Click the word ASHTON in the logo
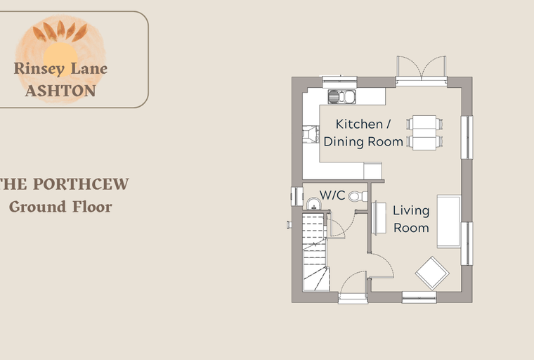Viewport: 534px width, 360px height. (60, 91)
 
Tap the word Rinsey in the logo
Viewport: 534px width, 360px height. (39, 68)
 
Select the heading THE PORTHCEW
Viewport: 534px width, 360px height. (64, 184)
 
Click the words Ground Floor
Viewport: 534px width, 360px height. (60, 207)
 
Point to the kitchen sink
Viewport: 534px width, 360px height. (341, 97)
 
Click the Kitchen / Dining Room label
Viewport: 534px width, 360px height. (363, 133)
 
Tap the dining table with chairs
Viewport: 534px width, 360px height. (424, 133)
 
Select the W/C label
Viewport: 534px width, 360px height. (332, 195)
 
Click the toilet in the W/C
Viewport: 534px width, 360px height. (358, 196)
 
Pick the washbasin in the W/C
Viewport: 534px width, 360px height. (313, 204)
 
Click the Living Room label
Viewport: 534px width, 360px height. (411, 219)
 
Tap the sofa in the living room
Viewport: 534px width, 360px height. (449, 221)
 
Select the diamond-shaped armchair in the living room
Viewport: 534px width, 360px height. (432, 273)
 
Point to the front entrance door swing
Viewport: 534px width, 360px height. (353, 282)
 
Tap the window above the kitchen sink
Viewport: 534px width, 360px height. (339, 82)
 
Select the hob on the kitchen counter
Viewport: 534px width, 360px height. (311, 134)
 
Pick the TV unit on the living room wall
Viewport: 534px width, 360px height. (379, 218)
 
